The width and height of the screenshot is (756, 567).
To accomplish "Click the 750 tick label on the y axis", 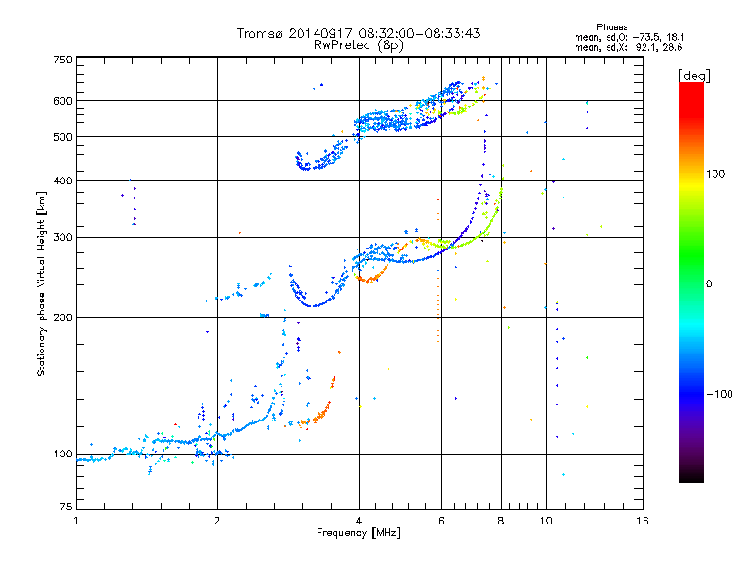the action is coord(63,60).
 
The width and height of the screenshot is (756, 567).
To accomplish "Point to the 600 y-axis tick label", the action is coord(63,101).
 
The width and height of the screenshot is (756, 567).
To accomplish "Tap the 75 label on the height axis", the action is coord(66,507).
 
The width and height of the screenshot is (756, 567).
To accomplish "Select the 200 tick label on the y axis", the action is coord(63,318).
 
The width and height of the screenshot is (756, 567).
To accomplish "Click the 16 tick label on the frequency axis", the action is coord(643,521).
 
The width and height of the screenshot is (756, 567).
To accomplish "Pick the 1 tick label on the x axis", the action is coord(76,521).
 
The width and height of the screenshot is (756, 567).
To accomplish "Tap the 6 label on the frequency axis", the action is coord(441,521).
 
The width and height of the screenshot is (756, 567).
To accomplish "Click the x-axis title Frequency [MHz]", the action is coord(358,533).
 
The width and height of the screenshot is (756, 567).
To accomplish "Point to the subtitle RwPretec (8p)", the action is coord(358,45).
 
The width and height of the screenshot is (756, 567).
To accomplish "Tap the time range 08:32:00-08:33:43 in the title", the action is coord(420,33).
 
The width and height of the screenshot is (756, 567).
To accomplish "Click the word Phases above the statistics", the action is coord(611,27).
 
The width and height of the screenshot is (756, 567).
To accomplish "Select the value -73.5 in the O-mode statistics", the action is coord(644,37).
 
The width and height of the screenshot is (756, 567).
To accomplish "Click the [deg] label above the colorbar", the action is coord(694,77).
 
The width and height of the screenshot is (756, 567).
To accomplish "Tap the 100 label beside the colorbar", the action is coord(715,174).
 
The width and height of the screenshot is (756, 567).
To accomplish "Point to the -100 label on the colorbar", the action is coord(719,394).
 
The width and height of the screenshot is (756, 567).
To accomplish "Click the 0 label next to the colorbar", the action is coord(709,284).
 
